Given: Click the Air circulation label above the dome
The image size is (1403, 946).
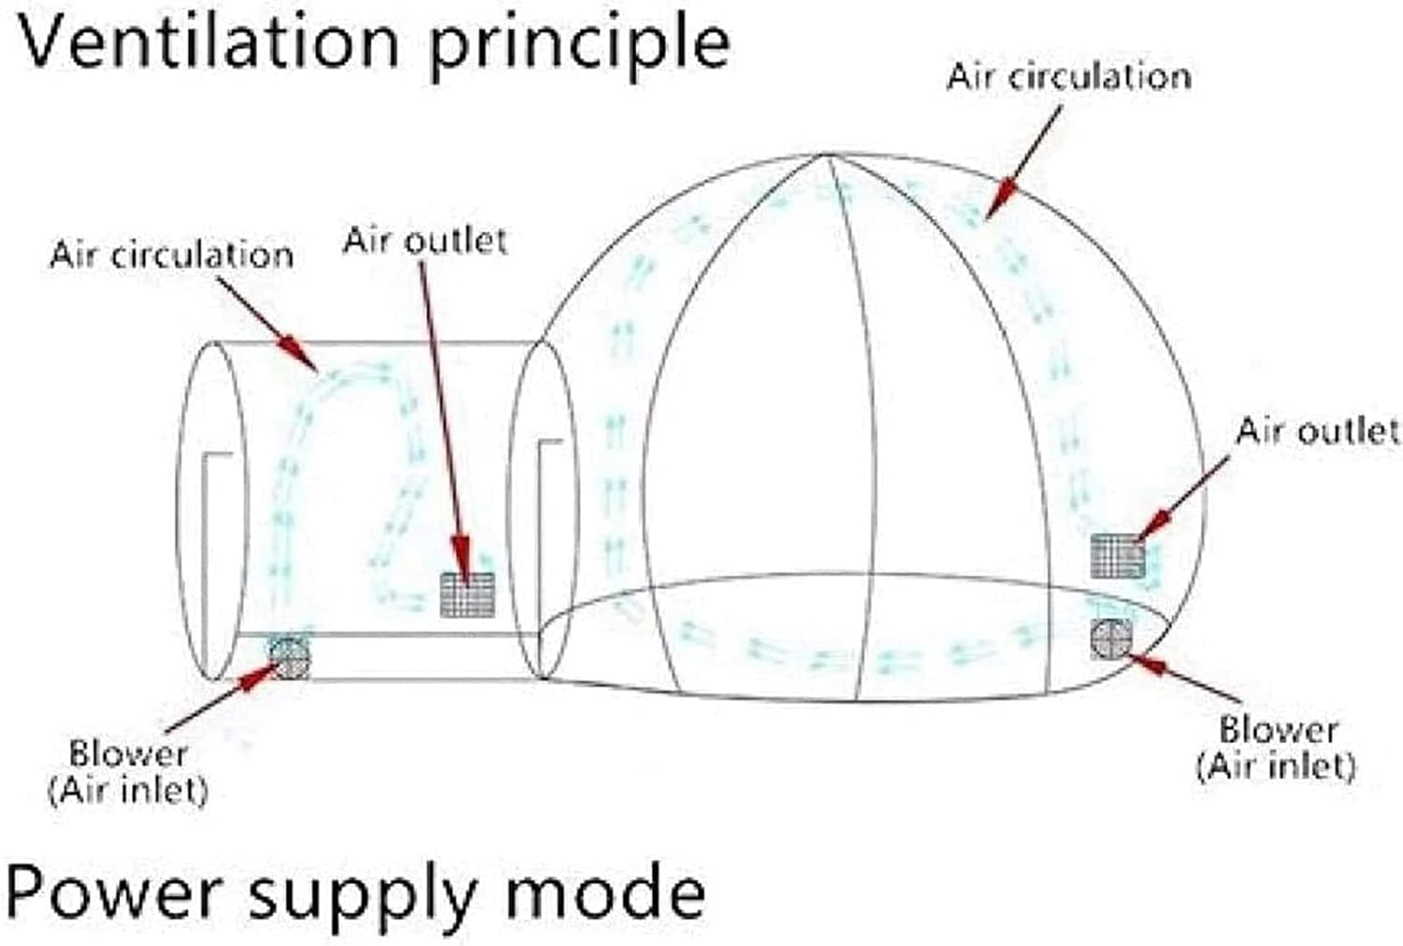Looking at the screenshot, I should (x=1069, y=77).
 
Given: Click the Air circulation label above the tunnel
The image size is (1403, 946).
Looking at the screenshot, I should (x=171, y=255).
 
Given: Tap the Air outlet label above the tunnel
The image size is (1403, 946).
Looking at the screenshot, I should (x=426, y=240).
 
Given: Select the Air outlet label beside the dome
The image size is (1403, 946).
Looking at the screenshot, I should (x=1318, y=430).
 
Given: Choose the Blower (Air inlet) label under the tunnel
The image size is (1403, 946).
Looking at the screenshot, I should (x=128, y=773).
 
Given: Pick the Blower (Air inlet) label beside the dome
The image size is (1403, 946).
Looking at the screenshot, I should (x=1277, y=749).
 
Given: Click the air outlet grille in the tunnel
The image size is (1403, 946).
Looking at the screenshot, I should (x=468, y=594).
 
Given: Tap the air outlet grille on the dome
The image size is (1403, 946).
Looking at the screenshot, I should (x=1118, y=556).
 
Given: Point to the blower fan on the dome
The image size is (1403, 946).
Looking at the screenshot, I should (x=1111, y=638).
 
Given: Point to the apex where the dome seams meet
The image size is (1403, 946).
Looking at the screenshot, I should (x=826, y=154).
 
